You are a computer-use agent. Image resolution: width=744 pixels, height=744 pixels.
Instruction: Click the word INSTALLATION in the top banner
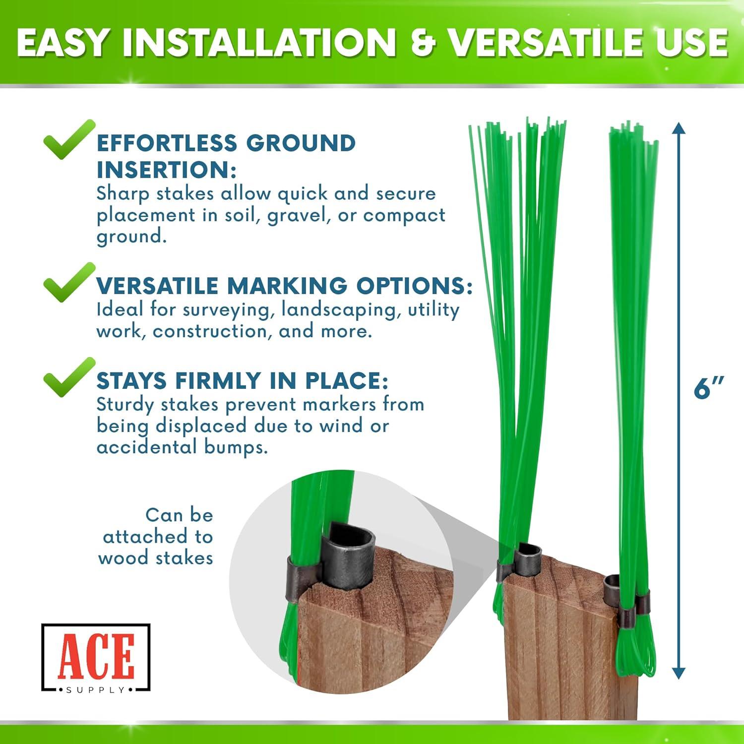(259, 43)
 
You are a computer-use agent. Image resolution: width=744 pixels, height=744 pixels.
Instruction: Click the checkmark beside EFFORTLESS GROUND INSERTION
(68, 139)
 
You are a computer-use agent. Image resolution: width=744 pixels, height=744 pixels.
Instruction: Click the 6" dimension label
(708, 388)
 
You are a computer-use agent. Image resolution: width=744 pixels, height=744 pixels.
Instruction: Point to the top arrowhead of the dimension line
(679, 128)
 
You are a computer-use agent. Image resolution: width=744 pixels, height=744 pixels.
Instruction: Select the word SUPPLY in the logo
(96, 690)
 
